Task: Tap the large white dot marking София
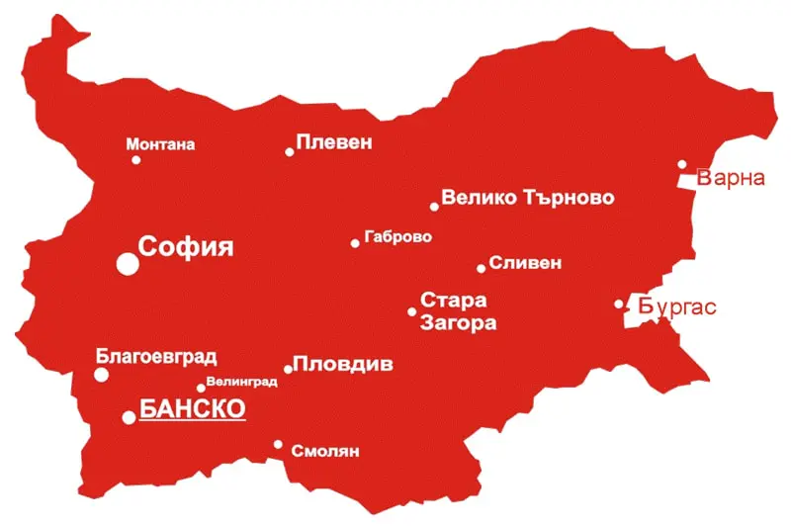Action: pyautogui.click(x=128, y=263)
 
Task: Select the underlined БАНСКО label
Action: pyautogui.click(x=192, y=408)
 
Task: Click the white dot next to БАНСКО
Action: pyautogui.click(x=129, y=417)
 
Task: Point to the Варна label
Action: pyautogui.click(x=732, y=179)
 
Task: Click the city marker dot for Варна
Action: pyautogui.click(x=682, y=165)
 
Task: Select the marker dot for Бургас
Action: pyautogui.click(x=619, y=305)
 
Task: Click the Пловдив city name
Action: pyautogui.click(x=343, y=364)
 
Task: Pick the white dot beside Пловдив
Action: pyautogui.click(x=289, y=370)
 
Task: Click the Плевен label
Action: pyautogui.click(x=334, y=142)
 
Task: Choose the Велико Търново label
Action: pyautogui.click(x=527, y=198)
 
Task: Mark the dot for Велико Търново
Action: pyautogui.click(x=434, y=207)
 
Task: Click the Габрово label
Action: pyautogui.click(x=398, y=237)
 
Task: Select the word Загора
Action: pyautogui.click(x=458, y=322)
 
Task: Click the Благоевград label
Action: pyautogui.click(x=156, y=357)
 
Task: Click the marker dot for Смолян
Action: pyautogui.click(x=278, y=445)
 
